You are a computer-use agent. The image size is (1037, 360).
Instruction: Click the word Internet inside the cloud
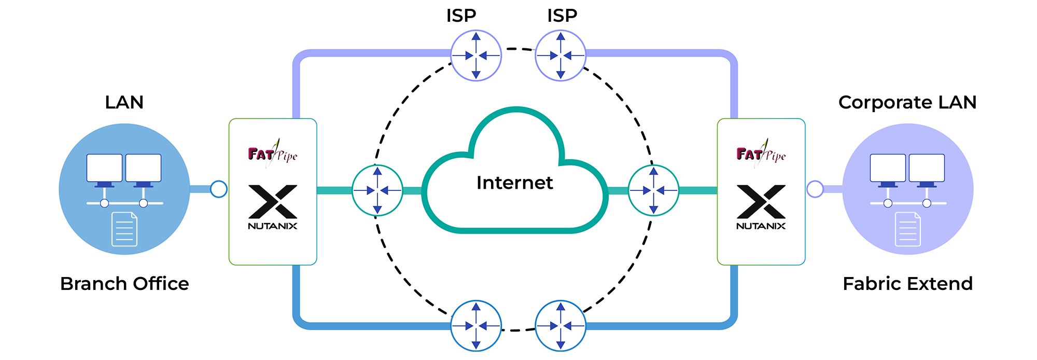point(514,183)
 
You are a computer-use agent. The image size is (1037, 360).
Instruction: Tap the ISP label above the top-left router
point(461,16)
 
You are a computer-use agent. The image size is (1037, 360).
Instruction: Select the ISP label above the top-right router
point(562,16)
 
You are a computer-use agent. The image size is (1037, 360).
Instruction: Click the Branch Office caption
point(124,284)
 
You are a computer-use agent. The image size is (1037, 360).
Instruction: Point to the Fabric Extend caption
point(907,284)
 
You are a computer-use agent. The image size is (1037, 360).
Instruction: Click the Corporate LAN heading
point(907,102)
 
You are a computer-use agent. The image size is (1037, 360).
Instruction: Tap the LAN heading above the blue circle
point(124,102)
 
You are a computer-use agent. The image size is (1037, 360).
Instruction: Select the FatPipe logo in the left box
point(272,154)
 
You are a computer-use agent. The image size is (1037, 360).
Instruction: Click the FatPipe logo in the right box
point(761,154)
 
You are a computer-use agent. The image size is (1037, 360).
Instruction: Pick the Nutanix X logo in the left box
point(273,202)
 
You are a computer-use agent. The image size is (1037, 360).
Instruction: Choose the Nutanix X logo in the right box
point(761,202)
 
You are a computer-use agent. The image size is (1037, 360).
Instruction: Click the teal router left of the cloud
point(377,190)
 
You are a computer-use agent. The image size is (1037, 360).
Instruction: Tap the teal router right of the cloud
point(653,190)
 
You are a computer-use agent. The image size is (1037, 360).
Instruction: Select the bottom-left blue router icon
point(476,326)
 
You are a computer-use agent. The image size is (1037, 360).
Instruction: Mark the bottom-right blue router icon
point(560,326)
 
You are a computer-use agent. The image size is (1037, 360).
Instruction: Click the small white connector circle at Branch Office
point(219,189)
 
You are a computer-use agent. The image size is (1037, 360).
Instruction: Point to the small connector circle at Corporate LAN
point(815,189)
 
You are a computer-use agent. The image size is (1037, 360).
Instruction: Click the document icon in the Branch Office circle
point(124,229)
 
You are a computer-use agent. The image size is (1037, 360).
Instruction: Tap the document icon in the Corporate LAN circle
point(908,229)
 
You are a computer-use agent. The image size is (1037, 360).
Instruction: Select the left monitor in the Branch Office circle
point(105,168)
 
